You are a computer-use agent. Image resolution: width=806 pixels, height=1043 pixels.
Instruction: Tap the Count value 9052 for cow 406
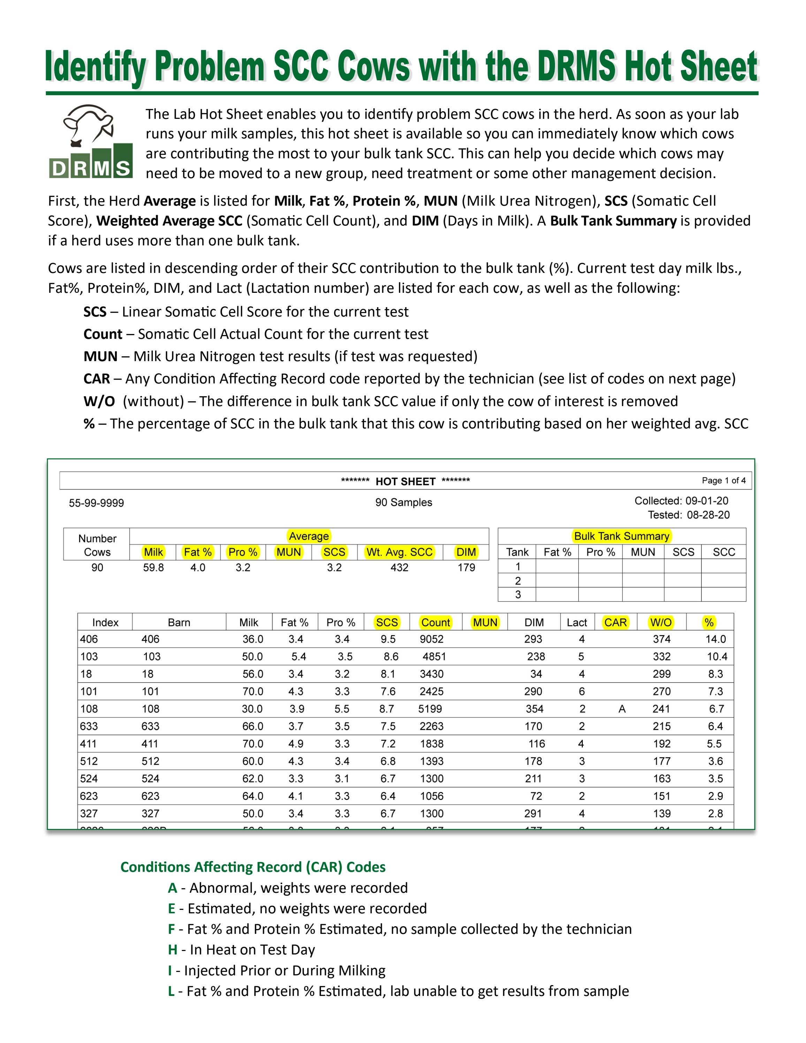pyautogui.click(x=431, y=639)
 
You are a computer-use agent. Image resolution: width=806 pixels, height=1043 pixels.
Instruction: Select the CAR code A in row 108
pyautogui.click(x=622, y=709)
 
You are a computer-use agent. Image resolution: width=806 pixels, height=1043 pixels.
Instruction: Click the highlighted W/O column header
pyautogui.click(x=661, y=622)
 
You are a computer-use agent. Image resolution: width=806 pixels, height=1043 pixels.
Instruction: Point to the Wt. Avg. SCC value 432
pyautogui.click(x=399, y=568)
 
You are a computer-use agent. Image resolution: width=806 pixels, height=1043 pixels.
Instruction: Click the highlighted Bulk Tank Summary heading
pyautogui.click(x=621, y=536)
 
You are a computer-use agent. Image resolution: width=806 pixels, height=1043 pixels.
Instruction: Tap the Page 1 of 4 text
pyautogui.click(x=723, y=480)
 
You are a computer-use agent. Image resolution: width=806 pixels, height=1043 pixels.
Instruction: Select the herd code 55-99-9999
pyautogui.click(x=97, y=503)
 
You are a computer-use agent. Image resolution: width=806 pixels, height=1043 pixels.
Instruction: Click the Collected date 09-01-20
pyautogui.click(x=707, y=501)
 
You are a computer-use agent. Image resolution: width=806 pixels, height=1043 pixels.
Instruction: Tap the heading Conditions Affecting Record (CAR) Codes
pyautogui.click(x=253, y=867)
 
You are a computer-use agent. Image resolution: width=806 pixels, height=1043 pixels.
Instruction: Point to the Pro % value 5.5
pyautogui.click(x=342, y=709)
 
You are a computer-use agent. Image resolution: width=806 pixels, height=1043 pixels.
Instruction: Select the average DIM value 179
pyautogui.click(x=466, y=568)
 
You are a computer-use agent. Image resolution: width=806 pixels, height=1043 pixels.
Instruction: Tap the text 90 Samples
pyautogui.click(x=403, y=502)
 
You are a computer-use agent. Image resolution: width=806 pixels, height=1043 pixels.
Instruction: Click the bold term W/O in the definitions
pyautogui.click(x=99, y=401)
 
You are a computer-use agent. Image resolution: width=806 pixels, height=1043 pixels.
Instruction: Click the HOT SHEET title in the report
pyautogui.click(x=405, y=481)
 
